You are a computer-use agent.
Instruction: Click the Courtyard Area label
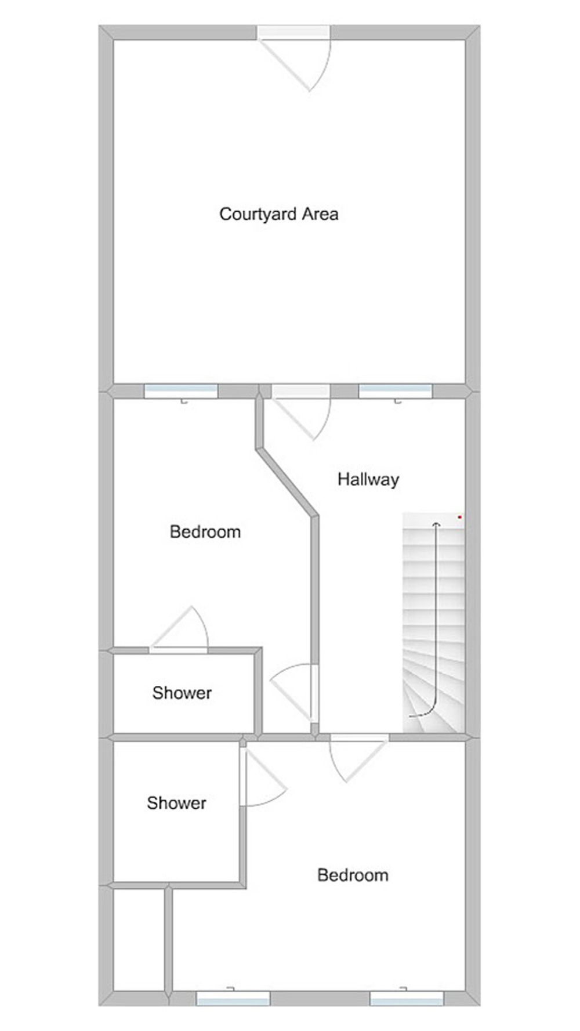point(278,214)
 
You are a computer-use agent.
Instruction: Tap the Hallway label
point(368,479)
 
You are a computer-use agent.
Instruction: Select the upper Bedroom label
point(205,531)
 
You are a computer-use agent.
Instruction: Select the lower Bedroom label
point(353,875)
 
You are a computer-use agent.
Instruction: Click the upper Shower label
point(182,692)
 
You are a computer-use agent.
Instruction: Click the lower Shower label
point(176,802)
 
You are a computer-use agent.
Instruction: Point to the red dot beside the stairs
point(460,517)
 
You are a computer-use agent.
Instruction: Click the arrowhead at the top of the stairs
point(436,524)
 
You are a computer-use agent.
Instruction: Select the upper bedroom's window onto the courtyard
point(181,392)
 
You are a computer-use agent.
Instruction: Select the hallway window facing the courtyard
point(396,392)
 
